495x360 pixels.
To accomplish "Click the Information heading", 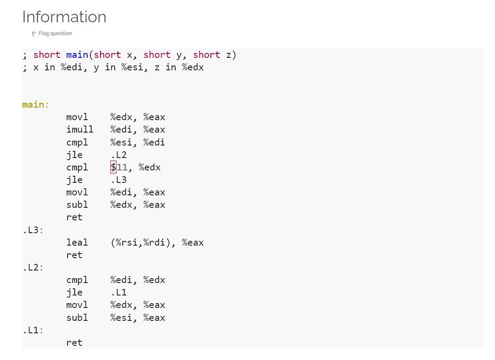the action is click(x=64, y=17).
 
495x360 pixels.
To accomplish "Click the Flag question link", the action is click(x=55, y=33).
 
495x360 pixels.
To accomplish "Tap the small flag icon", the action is click(x=34, y=34).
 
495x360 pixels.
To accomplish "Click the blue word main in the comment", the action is click(x=77, y=55).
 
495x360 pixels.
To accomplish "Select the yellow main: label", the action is click(x=36, y=105).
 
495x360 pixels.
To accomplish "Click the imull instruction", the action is click(x=80, y=129).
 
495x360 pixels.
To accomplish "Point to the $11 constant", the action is click(x=119, y=167).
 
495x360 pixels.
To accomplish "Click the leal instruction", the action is click(x=77, y=243).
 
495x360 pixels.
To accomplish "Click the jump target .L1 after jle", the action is click(x=119, y=292).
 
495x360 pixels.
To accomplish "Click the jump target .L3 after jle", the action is click(x=119, y=180).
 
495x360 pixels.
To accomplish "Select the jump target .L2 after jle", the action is click(x=119, y=155).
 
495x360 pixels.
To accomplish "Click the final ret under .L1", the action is click(x=74, y=343).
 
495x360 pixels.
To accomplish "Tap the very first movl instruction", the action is click(x=77, y=117).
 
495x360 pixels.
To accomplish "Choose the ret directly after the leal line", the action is click(x=74, y=255).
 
